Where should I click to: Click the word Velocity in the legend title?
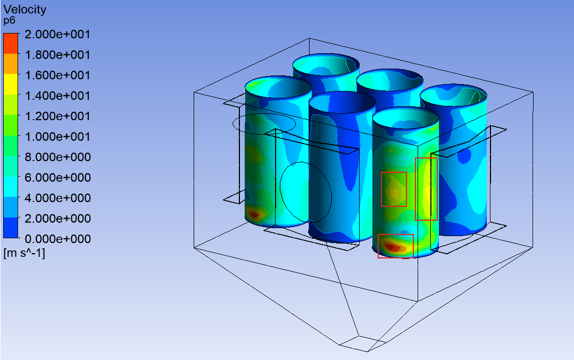click(x=25, y=10)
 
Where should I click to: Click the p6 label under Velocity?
click(x=10, y=21)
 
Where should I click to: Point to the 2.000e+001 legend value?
click(x=57, y=35)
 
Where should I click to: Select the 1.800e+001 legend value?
click(x=57, y=55)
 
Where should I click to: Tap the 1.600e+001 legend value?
click(x=57, y=76)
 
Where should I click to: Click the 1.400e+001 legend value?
click(x=57, y=96)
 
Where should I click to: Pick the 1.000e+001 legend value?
click(x=57, y=137)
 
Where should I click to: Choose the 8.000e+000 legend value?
click(x=57, y=157)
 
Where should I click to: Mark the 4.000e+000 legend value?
click(x=57, y=198)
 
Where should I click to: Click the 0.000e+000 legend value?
click(x=57, y=239)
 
